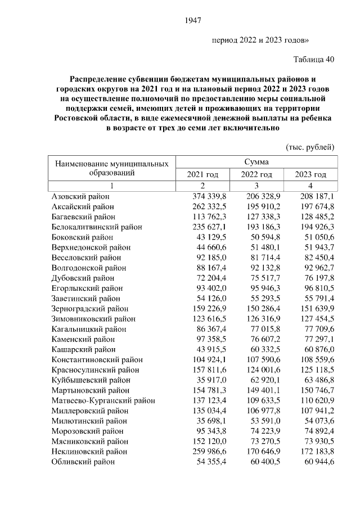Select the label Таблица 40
pyautogui.click(x=314, y=60)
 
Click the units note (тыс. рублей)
pyautogui.click(x=310, y=147)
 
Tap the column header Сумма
pyautogui.click(x=256, y=162)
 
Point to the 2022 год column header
pyautogui.click(x=256, y=175)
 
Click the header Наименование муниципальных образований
pyautogui.click(x=112, y=168)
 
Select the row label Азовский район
pyautogui.click(x=80, y=196)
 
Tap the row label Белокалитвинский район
pyautogui.click(x=96, y=227)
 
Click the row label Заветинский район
pyautogui.click(x=85, y=299)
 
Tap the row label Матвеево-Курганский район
pyautogui.click(x=103, y=400)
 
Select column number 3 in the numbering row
pyautogui.click(x=256, y=186)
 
